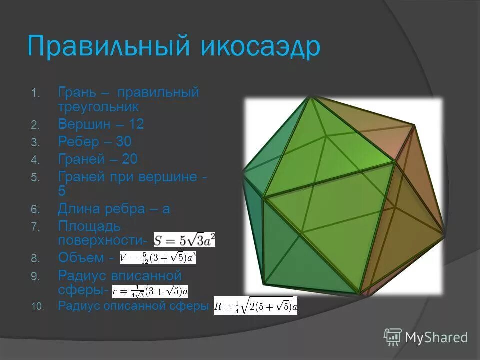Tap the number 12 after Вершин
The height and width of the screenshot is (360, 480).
[136, 124]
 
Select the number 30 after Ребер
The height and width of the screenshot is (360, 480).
[124, 142]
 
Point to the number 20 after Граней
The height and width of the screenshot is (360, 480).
[130, 159]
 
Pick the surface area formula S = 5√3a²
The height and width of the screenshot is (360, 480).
[184, 240]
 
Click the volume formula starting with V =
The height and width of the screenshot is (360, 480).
[158, 258]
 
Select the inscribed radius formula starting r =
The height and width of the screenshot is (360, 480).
[150, 291]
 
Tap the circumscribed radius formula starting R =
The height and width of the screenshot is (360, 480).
[255, 306]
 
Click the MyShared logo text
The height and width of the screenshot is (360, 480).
[436, 337]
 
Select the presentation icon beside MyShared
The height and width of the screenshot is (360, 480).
[393, 337]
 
